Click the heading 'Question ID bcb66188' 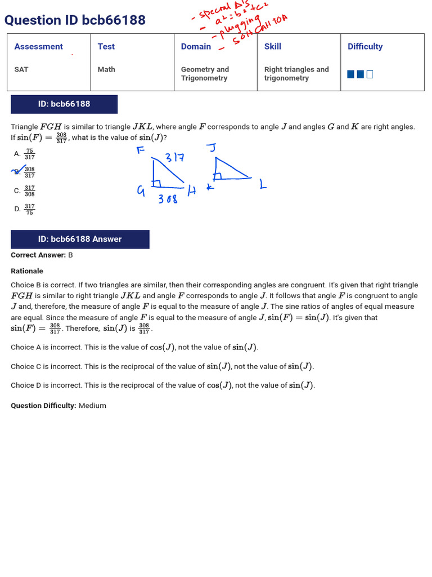pos(75,20)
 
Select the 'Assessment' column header pos(38,47)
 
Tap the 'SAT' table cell pos(21,69)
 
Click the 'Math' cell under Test pos(106,69)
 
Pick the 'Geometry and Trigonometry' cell pos(205,74)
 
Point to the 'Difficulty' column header pos(365,47)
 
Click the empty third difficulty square pos(370,74)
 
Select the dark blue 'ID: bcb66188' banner pos(64,104)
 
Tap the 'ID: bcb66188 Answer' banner pos(80,239)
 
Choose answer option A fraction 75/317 pos(30,154)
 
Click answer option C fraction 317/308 pos(30,191)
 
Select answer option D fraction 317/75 pos(30,209)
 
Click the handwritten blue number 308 pos(168,199)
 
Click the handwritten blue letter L pos(262,185)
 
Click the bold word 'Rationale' pos(27,271)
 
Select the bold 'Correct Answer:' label pos(38,255)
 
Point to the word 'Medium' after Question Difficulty pos(92,406)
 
